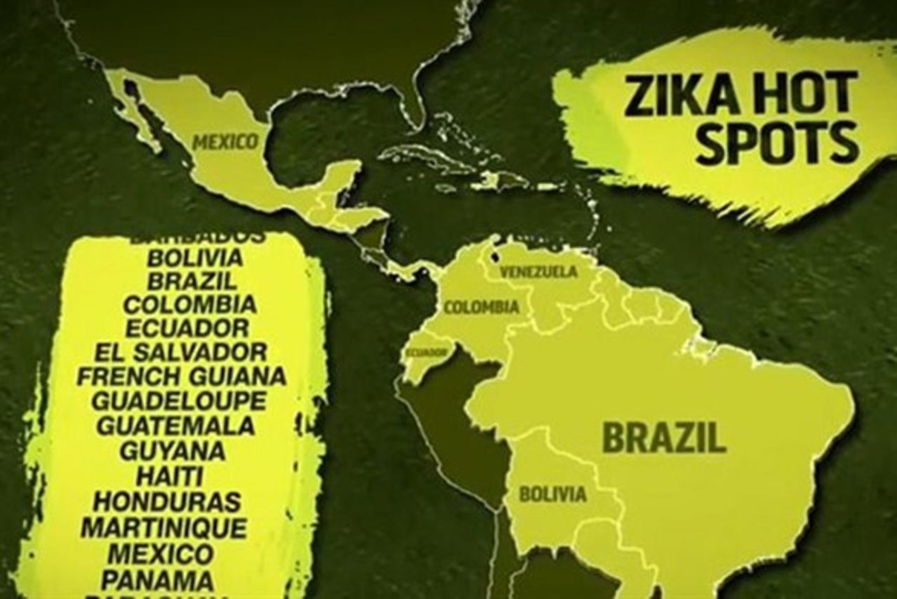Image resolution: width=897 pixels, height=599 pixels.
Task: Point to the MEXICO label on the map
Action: point(225,142)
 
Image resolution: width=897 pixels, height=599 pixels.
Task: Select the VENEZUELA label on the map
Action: point(539,272)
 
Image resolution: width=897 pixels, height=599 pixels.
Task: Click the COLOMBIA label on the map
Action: point(481,307)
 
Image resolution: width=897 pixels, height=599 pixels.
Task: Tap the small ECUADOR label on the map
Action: point(425,352)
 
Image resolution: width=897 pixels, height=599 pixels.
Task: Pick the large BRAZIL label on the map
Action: point(664,437)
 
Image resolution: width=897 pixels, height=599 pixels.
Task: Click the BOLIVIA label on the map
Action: point(552,494)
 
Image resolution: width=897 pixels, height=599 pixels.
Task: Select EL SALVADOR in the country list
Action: point(181,351)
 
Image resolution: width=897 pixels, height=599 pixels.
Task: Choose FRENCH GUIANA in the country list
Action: point(181,376)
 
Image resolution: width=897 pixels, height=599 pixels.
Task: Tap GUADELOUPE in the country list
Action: point(180,401)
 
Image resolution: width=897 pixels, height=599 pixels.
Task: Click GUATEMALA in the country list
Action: point(175,426)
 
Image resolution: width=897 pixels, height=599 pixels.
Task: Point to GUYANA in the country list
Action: point(172,450)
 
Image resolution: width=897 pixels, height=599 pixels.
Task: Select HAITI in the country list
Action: point(169,476)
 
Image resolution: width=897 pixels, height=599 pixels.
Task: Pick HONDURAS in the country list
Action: point(167,501)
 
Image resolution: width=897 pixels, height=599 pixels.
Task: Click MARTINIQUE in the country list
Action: point(164,527)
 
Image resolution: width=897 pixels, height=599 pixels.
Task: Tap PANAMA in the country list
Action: point(157,580)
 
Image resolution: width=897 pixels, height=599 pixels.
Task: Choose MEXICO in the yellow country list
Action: point(161,553)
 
